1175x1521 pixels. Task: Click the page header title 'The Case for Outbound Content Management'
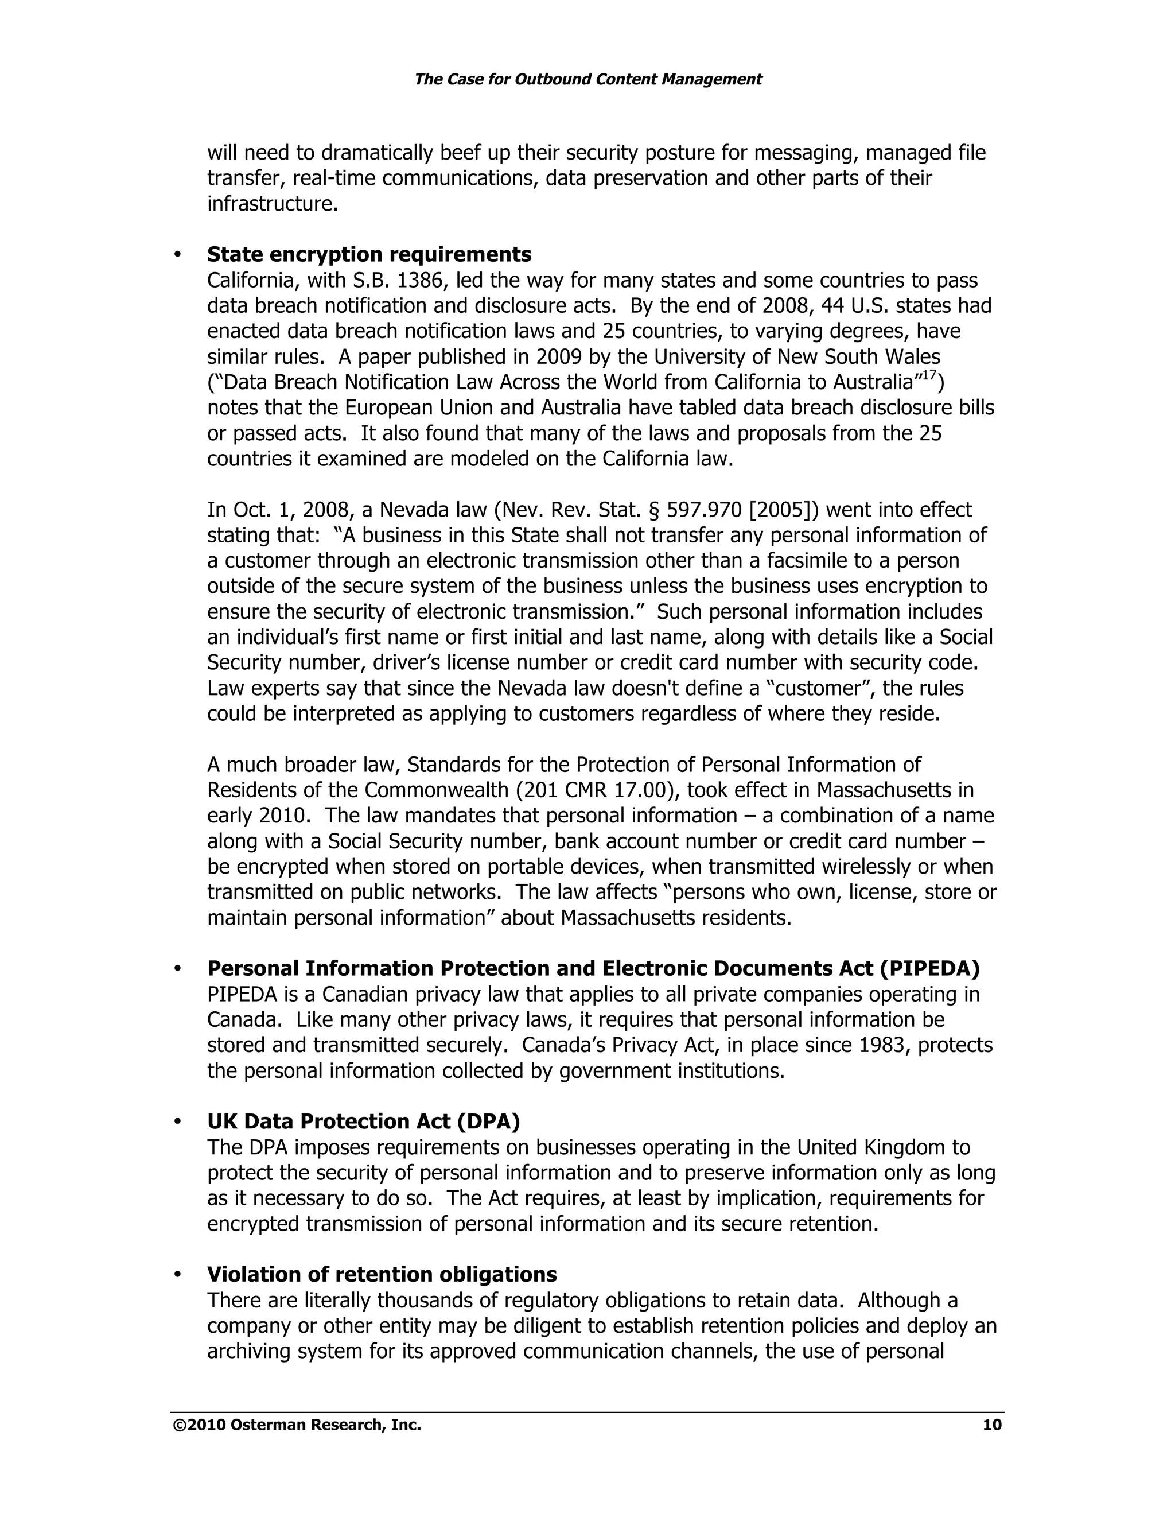[587, 79]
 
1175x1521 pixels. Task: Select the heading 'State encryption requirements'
[369, 254]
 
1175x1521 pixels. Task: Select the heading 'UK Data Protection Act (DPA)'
[363, 1122]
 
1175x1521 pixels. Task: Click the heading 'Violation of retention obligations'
[382, 1274]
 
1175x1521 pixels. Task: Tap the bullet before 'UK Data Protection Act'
[177, 1123]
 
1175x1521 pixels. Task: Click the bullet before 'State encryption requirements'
[177, 255]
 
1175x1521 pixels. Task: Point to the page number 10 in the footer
[991, 1425]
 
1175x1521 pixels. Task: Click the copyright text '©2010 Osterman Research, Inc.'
[297, 1425]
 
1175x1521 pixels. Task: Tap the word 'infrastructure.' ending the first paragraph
[272, 204]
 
